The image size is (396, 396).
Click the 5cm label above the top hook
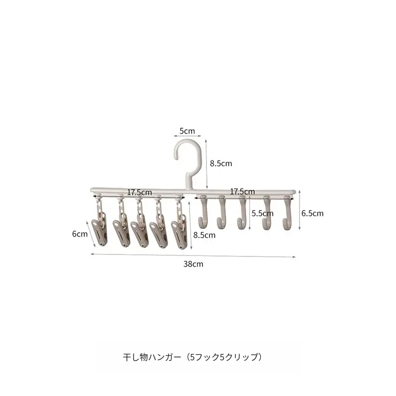point(187,131)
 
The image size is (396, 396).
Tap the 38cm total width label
point(193,264)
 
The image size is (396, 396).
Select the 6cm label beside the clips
point(80,234)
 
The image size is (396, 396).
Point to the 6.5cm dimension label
point(312,213)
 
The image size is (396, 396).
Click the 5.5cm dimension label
point(262,213)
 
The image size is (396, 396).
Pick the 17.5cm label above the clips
point(140,192)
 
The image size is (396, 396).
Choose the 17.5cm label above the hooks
point(243,192)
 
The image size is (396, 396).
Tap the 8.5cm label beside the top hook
point(221,163)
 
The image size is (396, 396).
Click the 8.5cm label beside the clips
point(204,235)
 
